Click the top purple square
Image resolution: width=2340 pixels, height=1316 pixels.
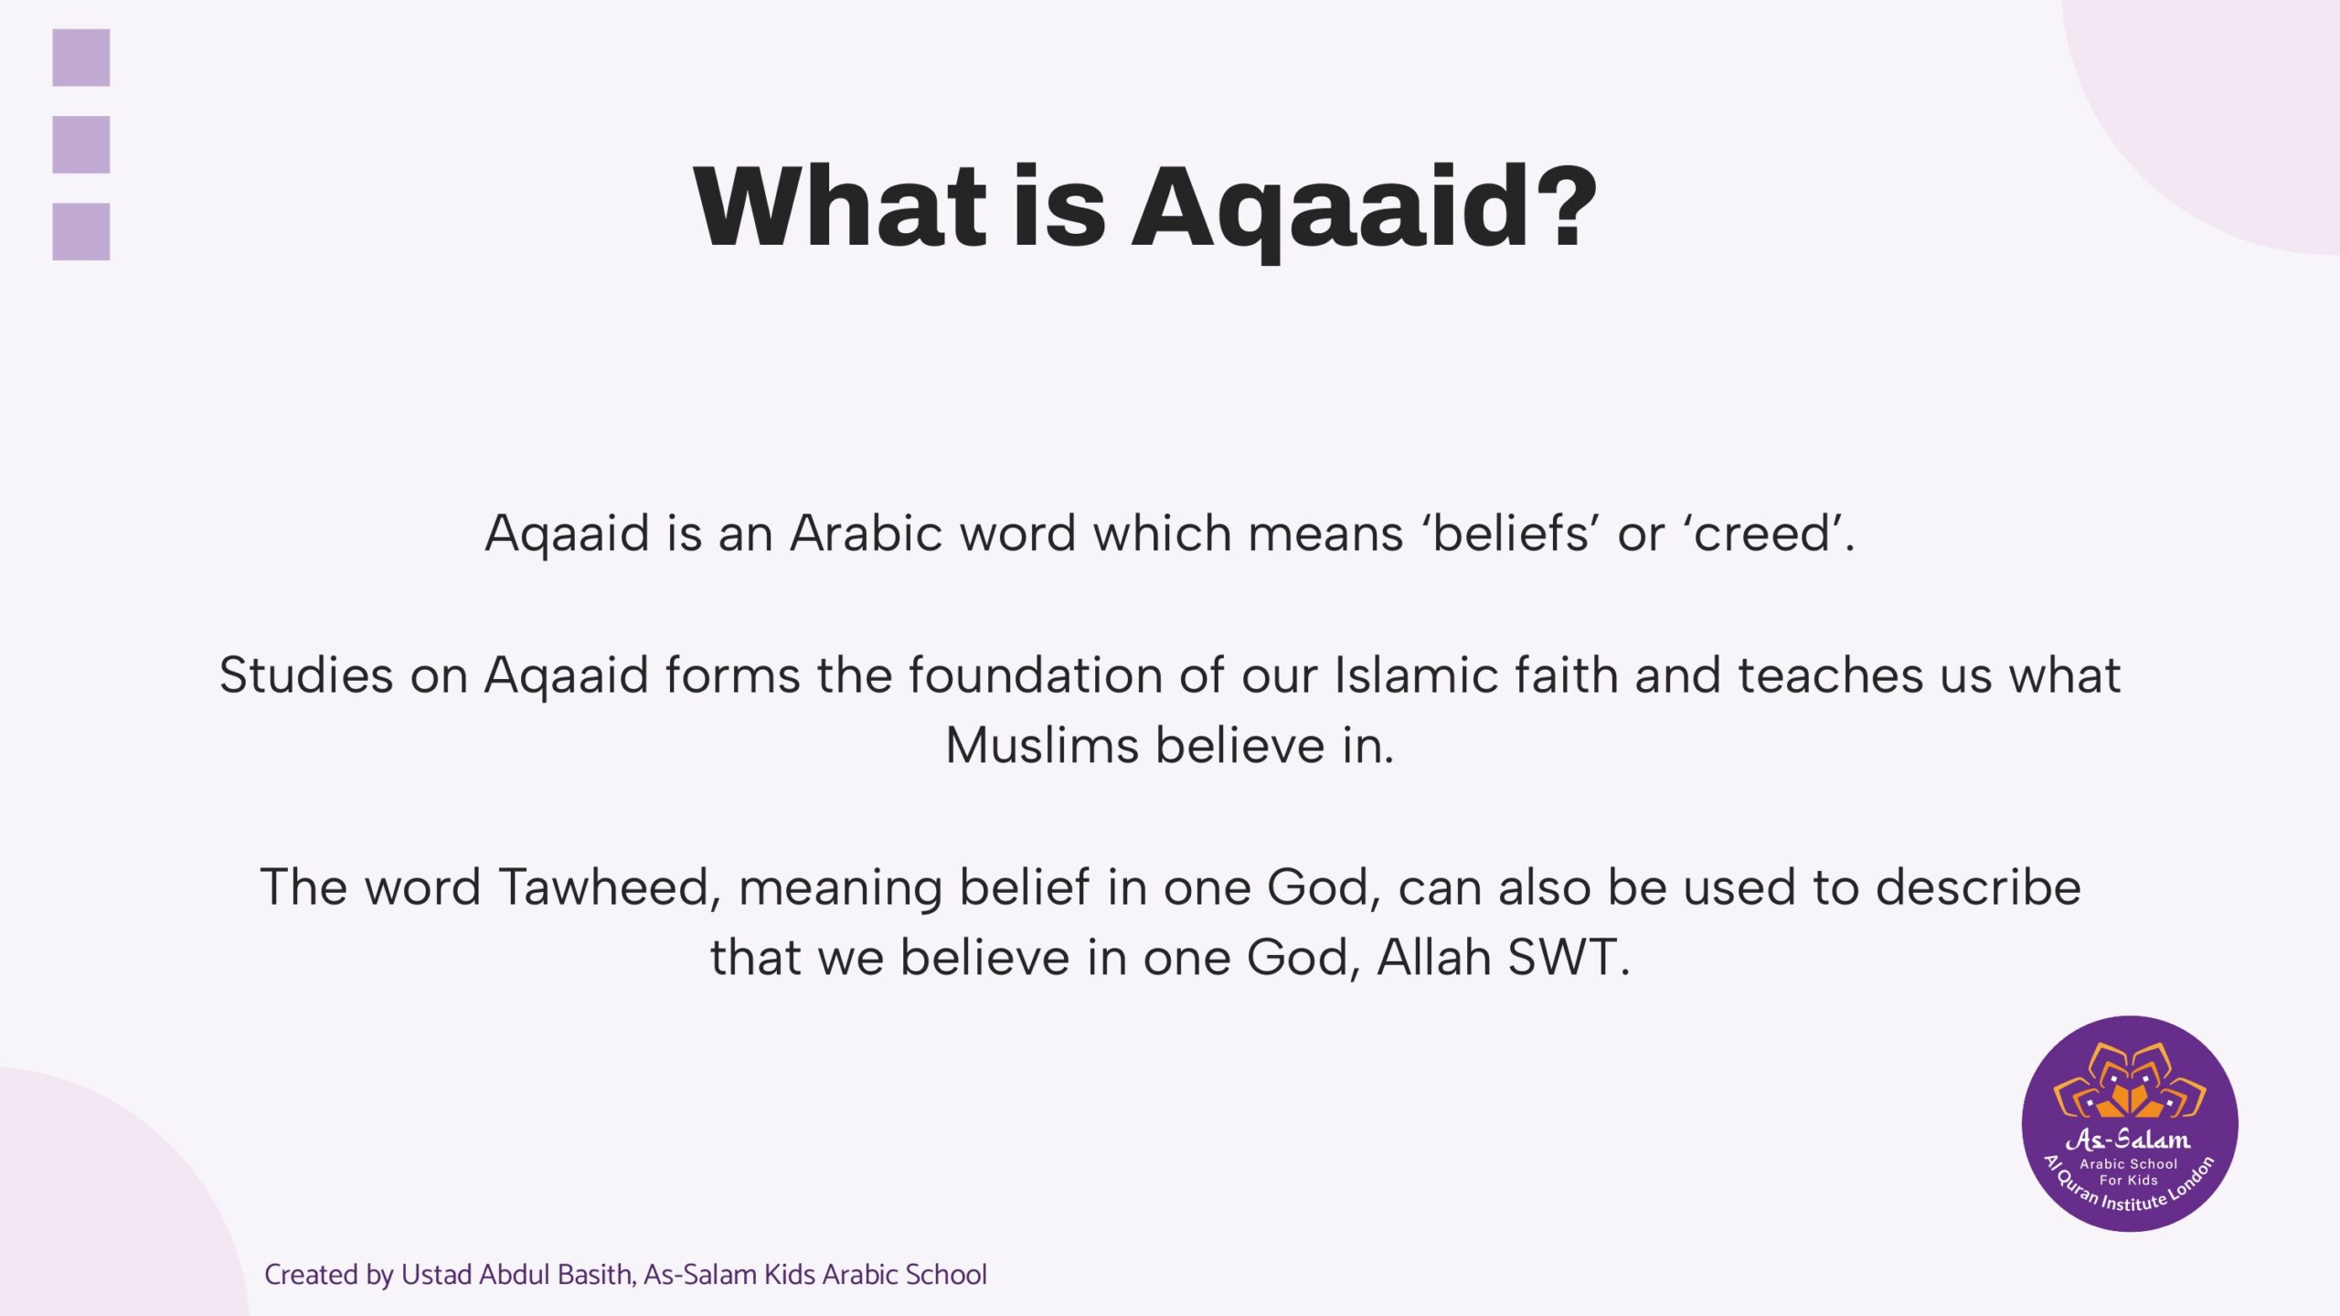tap(81, 58)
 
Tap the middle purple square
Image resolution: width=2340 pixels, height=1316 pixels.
tap(81, 144)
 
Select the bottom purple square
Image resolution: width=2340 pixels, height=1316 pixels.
tap(81, 231)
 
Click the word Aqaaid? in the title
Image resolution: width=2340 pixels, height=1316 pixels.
tap(1364, 209)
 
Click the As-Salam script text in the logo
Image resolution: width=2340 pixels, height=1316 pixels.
tap(2129, 1139)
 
